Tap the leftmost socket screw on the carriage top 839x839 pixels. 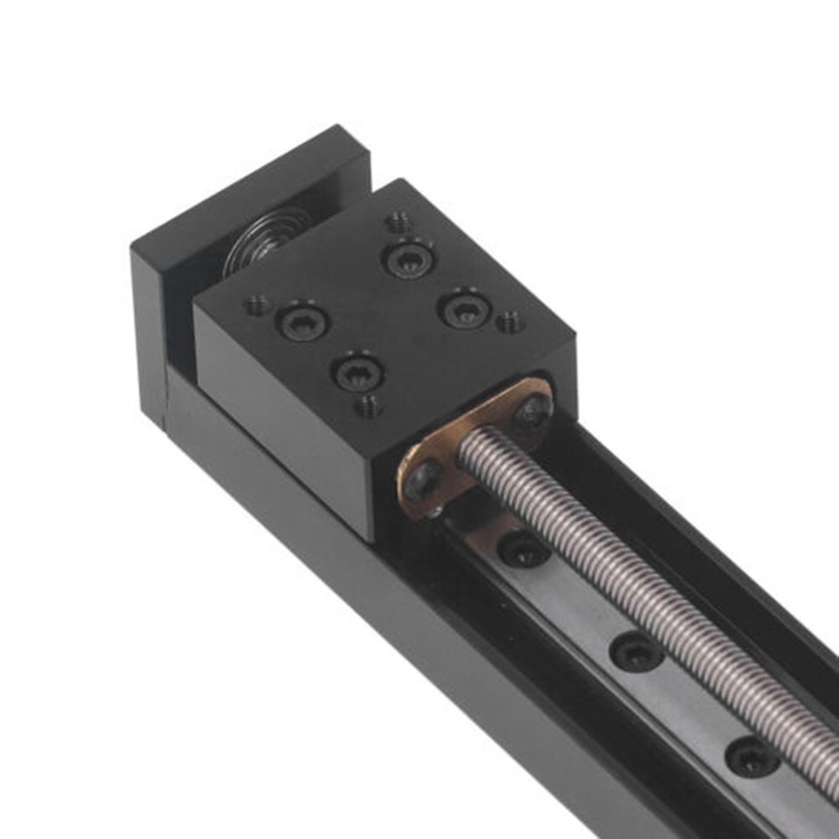(302, 321)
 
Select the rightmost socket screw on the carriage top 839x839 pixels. (464, 309)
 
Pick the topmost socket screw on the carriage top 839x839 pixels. (407, 258)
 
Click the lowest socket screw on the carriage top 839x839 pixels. (357, 371)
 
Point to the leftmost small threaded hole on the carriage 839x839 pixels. (257, 305)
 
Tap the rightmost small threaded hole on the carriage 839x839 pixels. (510, 322)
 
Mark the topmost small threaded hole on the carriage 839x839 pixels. (399, 222)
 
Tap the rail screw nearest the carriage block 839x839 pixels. (524, 550)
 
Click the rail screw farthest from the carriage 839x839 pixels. (752, 756)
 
